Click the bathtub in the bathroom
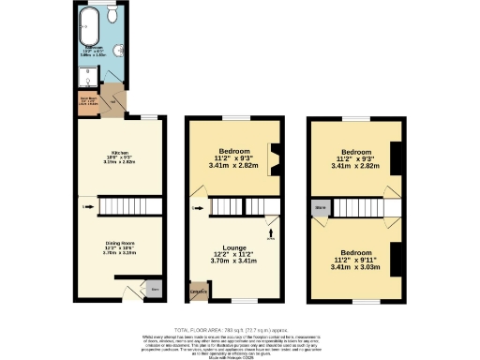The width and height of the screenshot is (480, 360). [x=91, y=22]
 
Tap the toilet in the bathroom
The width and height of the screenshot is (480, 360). [x=112, y=17]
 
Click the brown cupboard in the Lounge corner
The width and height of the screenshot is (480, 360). [x=198, y=293]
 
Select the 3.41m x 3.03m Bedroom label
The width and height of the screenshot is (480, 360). [x=355, y=258]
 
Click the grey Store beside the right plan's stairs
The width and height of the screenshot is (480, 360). [x=321, y=206]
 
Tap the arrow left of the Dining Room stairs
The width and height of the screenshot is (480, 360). [x=87, y=206]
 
